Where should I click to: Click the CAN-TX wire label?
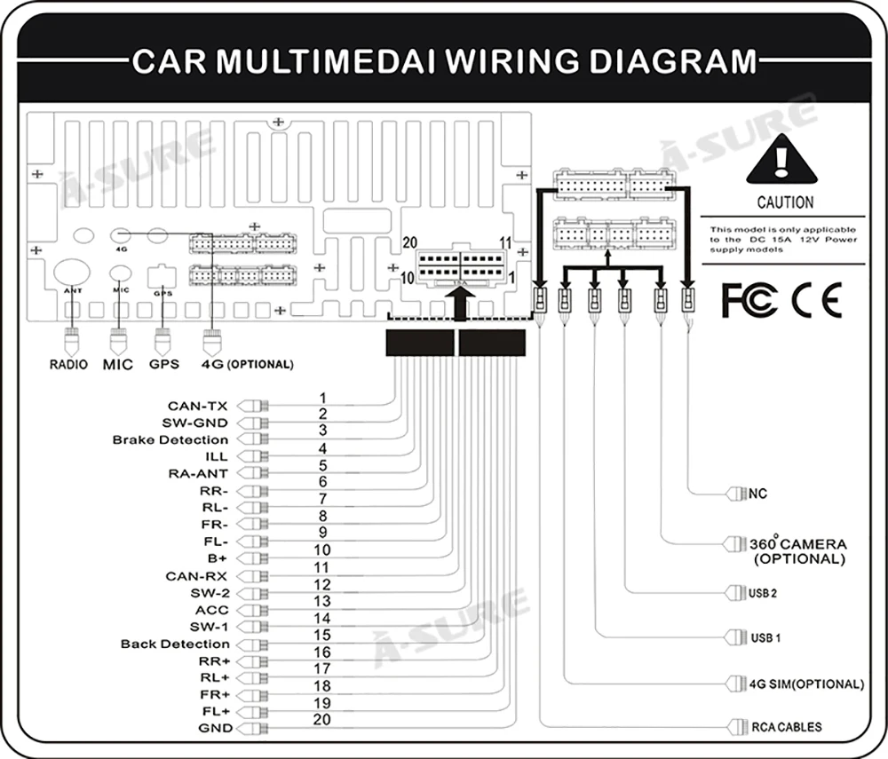(x=198, y=406)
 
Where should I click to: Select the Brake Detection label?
(x=170, y=439)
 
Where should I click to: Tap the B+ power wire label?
(x=217, y=558)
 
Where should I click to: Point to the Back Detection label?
(x=175, y=644)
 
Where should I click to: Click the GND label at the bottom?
(x=215, y=729)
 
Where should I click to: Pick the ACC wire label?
(x=212, y=610)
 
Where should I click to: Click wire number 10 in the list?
(x=322, y=550)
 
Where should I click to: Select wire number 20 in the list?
(x=321, y=720)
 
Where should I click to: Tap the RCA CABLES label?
(x=786, y=727)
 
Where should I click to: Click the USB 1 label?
(x=765, y=638)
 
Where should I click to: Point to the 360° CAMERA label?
(x=798, y=544)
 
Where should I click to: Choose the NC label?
(x=757, y=494)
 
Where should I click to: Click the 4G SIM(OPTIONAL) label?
(x=806, y=684)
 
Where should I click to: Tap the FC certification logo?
(x=749, y=300)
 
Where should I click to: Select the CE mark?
(x=816, y=300)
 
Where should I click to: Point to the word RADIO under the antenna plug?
(x=68, y=365)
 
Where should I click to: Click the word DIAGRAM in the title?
(x=673, y=61)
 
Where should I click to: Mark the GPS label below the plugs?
(x=164, y=365)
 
